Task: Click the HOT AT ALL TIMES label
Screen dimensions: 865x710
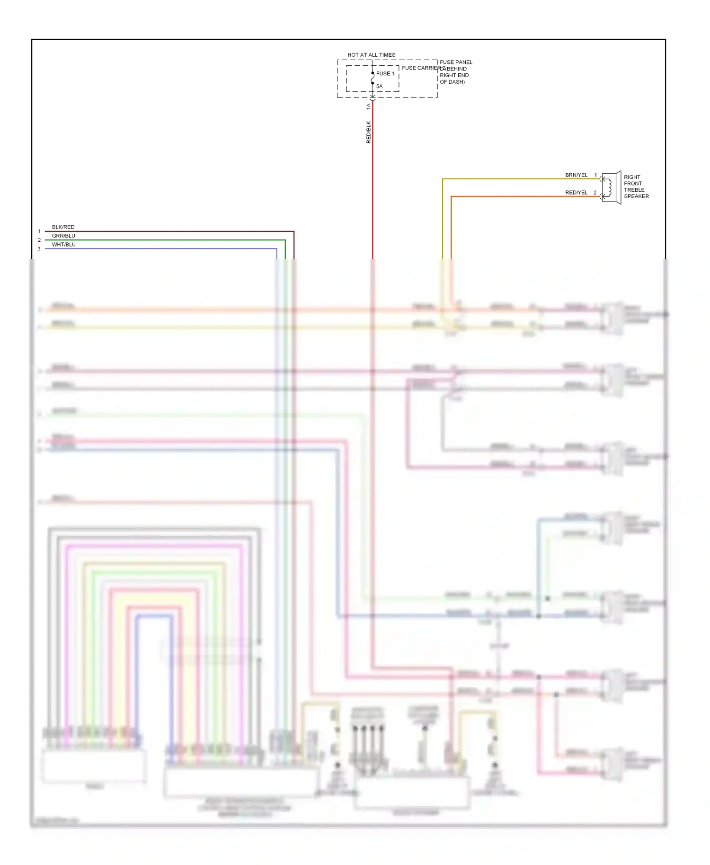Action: (371, 55)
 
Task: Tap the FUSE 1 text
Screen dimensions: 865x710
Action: (385, 74)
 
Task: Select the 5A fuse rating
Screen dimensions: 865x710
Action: (379, 86)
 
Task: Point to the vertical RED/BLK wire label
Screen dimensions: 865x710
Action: (368, 132)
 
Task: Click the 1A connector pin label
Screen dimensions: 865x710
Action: (368, 106)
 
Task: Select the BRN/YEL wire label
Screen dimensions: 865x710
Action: (576, 175)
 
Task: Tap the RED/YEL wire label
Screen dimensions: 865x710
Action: (576, 193)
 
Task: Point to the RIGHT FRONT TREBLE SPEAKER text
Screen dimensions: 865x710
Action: (636, 186)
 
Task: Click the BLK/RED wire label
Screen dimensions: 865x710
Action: (63, 227)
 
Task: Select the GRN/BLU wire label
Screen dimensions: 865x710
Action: (63, 236)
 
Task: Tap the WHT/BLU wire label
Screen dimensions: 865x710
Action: (63, 245)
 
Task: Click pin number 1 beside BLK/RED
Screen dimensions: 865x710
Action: (39, 231)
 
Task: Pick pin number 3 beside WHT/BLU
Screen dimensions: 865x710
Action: (39, 249)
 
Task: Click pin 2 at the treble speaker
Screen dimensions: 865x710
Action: (595, 193)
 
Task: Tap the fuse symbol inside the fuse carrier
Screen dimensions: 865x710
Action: (373, 79)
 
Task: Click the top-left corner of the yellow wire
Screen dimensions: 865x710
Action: (443, 179)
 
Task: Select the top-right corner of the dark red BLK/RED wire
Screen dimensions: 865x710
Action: (294, 231)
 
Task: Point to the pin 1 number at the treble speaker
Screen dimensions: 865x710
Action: (595, 175)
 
